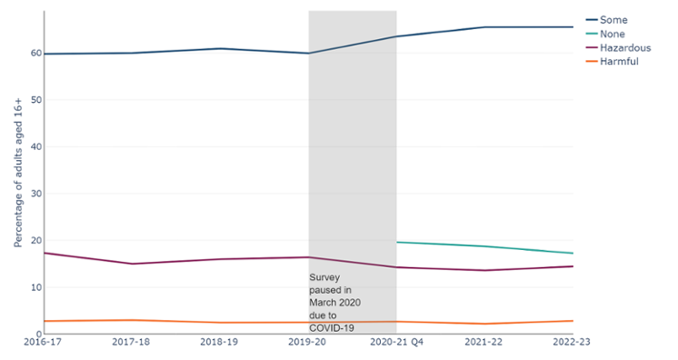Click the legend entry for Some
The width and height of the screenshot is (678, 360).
615,20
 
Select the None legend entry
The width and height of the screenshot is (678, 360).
615,34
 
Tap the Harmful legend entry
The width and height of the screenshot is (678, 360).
620,61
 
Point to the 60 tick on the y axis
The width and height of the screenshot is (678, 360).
35,53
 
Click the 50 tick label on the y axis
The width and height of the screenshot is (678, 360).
35,99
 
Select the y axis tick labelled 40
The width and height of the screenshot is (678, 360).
35,146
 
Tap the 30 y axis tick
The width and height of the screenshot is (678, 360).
35,194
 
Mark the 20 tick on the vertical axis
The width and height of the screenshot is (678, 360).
35,241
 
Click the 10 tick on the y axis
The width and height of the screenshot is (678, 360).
35,287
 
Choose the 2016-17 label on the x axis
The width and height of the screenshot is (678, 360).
44,344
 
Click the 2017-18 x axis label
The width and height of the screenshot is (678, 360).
132,344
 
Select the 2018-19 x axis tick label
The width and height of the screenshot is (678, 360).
220,344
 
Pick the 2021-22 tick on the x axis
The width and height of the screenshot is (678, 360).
484,344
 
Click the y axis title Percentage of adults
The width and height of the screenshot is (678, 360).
17,173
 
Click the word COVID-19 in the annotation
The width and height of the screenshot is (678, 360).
331,327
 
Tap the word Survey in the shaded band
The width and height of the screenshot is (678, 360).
325,276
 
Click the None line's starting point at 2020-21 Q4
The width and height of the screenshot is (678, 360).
397,242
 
